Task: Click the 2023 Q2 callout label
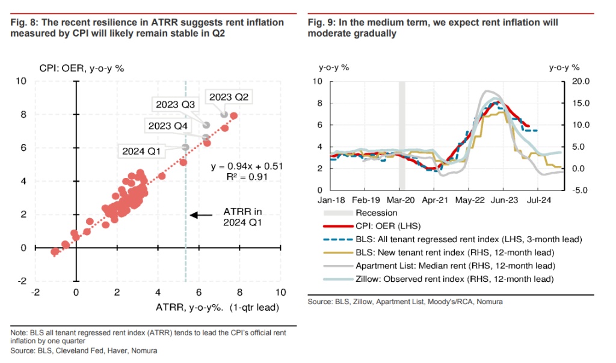point(228,97)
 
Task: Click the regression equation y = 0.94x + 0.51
point(247,166)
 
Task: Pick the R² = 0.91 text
point(247,177)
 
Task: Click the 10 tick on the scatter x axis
point(280,292)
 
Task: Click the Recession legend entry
point(376,212)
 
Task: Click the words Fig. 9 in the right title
point(321,22)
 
